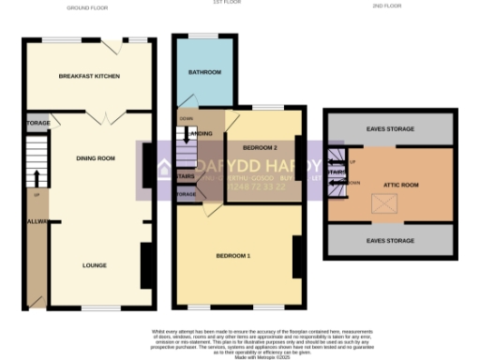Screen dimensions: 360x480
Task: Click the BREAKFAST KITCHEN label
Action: point(89,75)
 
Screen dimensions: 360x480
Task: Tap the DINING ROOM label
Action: point(96,158)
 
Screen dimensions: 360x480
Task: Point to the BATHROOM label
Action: point(205,72)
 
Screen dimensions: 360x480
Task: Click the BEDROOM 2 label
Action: point(260,148)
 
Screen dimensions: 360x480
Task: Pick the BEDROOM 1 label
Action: point(233,256)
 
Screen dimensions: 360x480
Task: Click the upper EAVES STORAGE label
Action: point(389,128)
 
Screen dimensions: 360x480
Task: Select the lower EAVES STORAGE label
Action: point(389,241)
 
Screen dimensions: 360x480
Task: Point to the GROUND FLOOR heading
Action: point(89,7)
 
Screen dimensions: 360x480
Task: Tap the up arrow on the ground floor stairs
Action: point(37,178)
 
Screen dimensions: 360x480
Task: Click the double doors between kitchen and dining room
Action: point(108,116)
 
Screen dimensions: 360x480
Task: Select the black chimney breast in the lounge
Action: point(145,265)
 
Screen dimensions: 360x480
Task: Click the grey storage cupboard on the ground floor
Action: point(37,123)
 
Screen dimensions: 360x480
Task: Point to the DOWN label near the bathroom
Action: point(187,119)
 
